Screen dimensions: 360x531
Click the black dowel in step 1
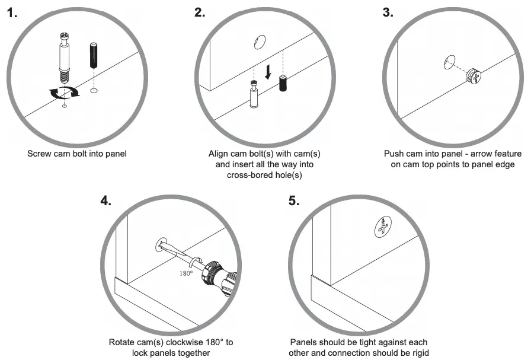[93, 55]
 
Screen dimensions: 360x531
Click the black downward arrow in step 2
[268, 72]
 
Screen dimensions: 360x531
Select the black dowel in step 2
[283, 84]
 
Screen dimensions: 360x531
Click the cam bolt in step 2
[254, 95]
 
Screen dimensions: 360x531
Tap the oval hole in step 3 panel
[449, 61]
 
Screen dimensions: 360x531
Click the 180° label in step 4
[187, 274]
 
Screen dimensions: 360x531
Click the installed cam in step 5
[383, 227]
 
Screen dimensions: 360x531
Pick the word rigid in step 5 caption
[413, 353]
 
